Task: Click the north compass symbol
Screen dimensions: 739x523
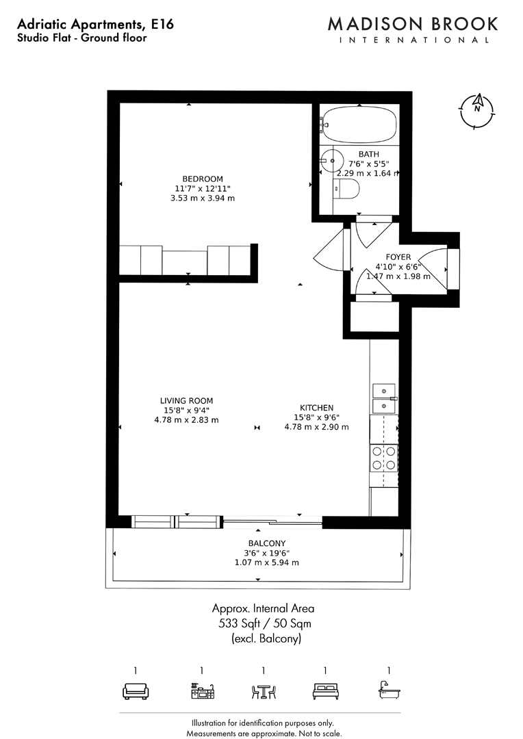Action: click(478, 109)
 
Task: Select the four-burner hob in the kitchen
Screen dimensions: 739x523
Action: click(383, 458)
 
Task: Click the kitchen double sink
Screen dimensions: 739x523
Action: click(383, 398)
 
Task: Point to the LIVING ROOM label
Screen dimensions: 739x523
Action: click(186, 401)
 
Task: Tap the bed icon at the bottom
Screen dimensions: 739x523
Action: click(325, 692)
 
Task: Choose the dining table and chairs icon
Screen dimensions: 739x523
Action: click(263, 692)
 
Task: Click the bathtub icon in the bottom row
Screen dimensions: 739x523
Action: click(389, 692)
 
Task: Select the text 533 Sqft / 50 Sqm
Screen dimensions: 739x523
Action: click(264, 623)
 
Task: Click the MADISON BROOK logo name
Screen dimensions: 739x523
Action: click(413, 24)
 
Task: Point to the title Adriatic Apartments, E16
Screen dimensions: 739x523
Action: click(95, 25)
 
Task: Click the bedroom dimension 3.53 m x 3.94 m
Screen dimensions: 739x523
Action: click(203, 198)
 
